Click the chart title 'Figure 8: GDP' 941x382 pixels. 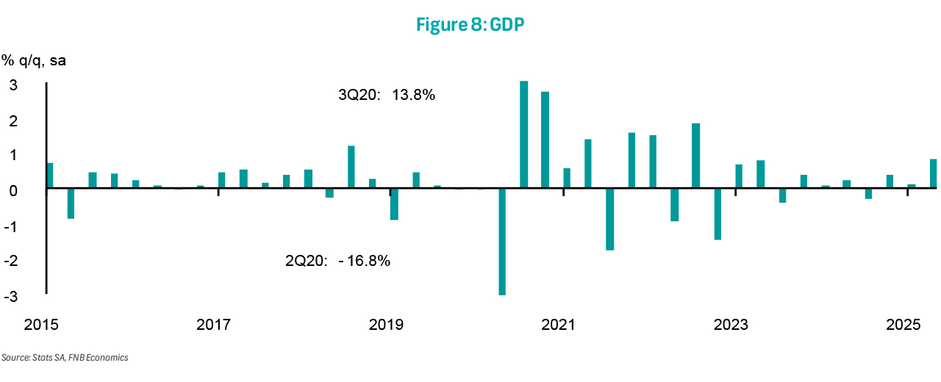coord(470,24)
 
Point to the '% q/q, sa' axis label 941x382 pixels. coord(34,60)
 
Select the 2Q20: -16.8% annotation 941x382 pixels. coord(337,260)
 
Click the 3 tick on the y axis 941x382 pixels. coord(13,84)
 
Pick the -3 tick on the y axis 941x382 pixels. coord(12,295)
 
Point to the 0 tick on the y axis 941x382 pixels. coord(14,190)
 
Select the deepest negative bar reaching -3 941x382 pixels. coord(502,242)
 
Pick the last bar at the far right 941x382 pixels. coord(933,174)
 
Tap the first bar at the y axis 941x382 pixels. coord(50,176)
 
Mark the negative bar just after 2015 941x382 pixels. coord(71,203)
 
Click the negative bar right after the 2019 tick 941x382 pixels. coord(394,204)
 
